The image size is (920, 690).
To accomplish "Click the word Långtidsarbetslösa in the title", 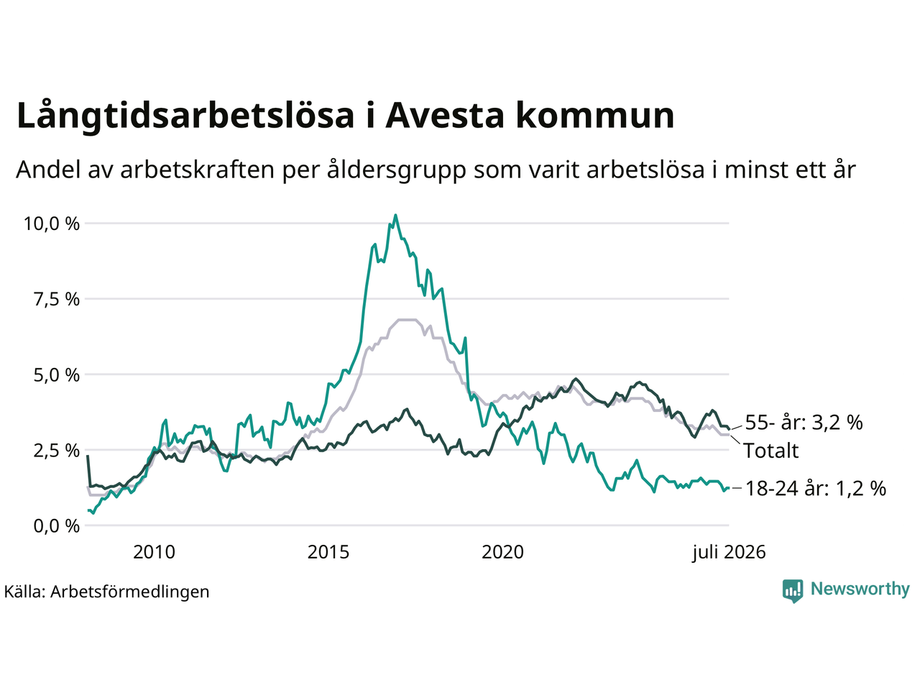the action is pyautogui.click(x=185, y=116).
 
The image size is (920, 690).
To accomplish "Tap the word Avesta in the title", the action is pyautogui.click(x=444, y=115).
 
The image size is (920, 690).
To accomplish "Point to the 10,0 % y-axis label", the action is pyautogui.click(x=52, y=224).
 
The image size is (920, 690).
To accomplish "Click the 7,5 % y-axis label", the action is pyautogui.click(x=57, y=300).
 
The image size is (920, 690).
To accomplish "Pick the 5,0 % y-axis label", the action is pyautogui.click(x=57, y=375).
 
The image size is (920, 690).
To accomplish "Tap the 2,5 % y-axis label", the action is pyautogui.click(x=57, y=451).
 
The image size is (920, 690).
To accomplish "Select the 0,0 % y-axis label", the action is pyautogui.click(x=57, y=526).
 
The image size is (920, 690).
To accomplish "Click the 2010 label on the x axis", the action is pyautogui.click(x=154, y=552).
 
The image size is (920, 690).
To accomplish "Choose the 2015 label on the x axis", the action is pyautogui.click(x=328, y=552).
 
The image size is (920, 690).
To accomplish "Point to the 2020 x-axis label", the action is pyautogui.click(x=502, y=552).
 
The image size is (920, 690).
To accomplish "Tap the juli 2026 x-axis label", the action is pyautogui.click(x=729, y=553).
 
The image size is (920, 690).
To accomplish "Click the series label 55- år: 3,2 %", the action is pyautogui.click(x=804, y=423).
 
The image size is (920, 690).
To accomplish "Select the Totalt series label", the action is pyautogui.click(x=771, y=451).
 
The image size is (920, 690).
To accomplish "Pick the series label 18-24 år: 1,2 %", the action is pyautogui.click(x=816, y=489).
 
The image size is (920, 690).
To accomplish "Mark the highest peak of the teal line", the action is pyautogui.click(x=395, y=215).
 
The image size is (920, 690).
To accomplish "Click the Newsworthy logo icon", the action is pyautogui.click(x=793, y=591).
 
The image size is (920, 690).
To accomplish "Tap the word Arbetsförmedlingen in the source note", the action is pyautogui.click(x=129, y=592).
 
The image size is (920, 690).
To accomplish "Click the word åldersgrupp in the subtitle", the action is pyautogui.click(x=396, y=170).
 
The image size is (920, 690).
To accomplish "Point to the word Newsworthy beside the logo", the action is pyautogui.click(x=860, y=589).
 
